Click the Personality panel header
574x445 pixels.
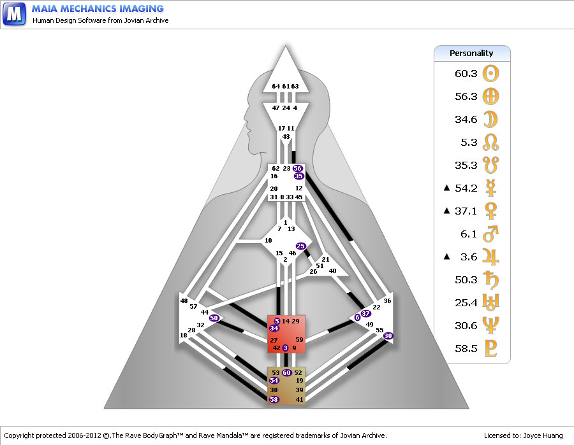(472, 53)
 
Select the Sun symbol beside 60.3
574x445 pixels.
(490, 73)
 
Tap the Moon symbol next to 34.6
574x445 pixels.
(490, 119)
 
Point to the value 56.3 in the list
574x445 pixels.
(466, 97)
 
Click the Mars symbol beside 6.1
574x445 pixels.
(490, 234)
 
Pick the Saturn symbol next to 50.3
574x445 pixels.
(490, 280)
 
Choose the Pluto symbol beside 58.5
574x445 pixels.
(490, 349)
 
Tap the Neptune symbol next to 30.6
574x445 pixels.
(490, 326)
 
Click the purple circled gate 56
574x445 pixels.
(297, 169)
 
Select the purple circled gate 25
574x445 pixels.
(301, 246)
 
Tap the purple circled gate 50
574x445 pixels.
(214, 318)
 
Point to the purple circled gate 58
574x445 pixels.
(274, 399)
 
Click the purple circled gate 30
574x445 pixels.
(388, 336)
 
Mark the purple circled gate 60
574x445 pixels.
(287, 372)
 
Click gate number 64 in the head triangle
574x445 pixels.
(276, 87)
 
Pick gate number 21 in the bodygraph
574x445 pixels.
(325, 260)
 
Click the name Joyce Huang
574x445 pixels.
(542, 435)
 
